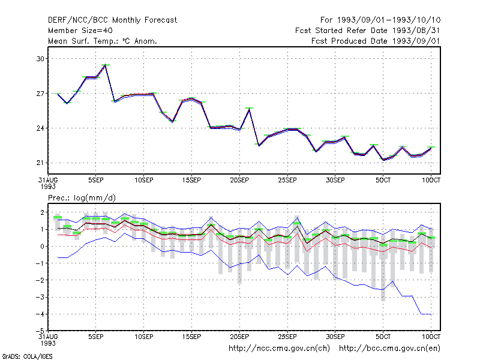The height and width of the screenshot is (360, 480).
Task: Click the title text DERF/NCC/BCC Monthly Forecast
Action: click(x=112, y=20)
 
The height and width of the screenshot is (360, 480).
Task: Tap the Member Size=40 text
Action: click(x=80, y=31)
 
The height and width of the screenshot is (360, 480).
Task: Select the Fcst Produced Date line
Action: click(x=376, y=41)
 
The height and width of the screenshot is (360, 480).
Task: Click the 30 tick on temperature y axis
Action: click(x=40, y=59)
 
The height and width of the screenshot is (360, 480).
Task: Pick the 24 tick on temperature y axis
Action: click(x=40, y=128)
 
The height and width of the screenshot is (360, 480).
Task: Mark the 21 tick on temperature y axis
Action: click(x=40, y=163)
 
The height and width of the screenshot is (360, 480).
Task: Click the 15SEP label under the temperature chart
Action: click(x=191, y=181)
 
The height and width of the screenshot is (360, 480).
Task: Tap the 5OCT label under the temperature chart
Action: click(x=383, y=181)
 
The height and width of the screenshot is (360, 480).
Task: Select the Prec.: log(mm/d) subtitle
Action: click(x=82, y=198)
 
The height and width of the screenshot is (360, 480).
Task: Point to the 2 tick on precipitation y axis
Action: click(x=42, y=212)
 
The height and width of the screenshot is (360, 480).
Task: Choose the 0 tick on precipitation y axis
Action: click(x=42, y=247)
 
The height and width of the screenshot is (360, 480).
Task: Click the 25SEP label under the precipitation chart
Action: click(x=287, y=337)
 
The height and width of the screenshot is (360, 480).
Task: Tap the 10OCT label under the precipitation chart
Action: click(x=431, y=337)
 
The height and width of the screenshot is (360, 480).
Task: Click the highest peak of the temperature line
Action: click(x=106, y=65)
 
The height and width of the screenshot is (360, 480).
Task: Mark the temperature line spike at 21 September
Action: click(x=249, y=109)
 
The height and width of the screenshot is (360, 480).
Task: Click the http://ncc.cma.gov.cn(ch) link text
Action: click(x=279, y=349)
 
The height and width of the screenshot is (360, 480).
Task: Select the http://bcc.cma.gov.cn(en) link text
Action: click(x=389, y=349)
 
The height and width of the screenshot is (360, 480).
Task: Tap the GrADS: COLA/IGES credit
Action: click(x=27, y=356)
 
